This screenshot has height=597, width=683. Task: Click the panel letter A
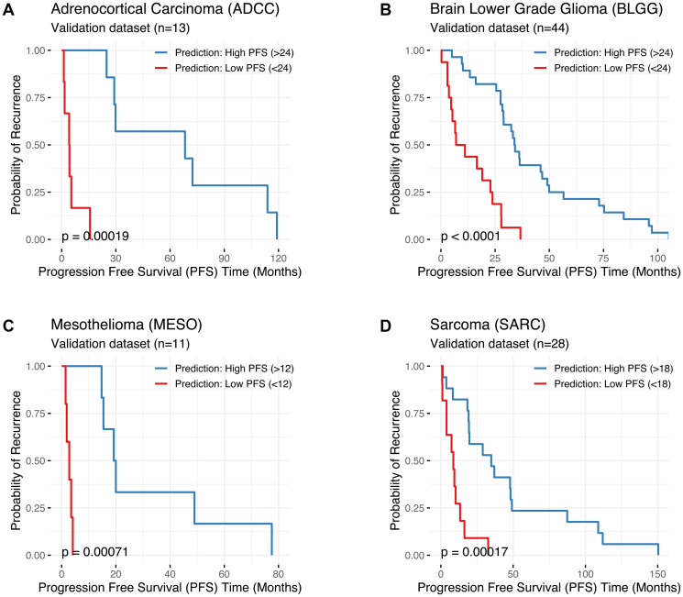click(x=9, y=10)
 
